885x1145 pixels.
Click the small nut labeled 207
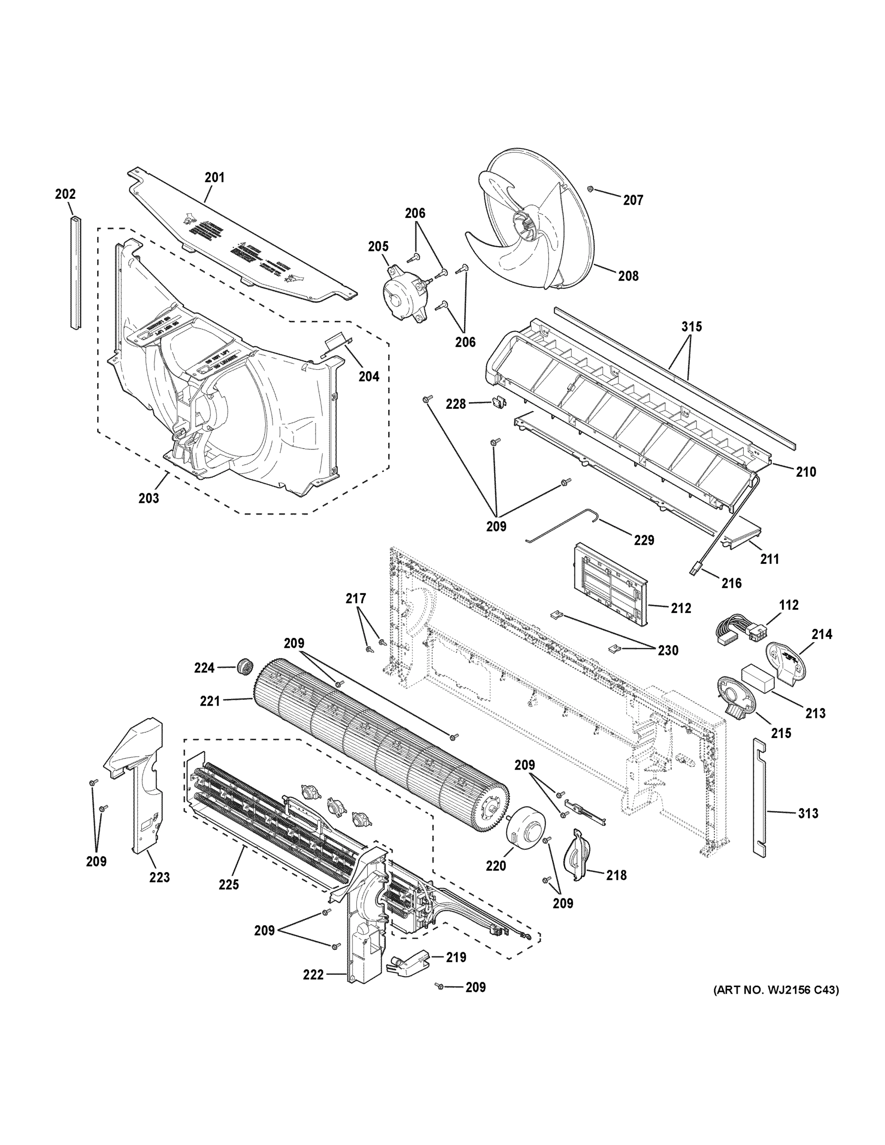[x=590, y=188]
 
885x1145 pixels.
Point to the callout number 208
[x=628, y=276]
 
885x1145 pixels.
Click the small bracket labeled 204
[x=335, y=343]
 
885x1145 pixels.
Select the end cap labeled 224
[x=244, y=667]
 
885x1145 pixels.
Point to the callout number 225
[x=229, y=885]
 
